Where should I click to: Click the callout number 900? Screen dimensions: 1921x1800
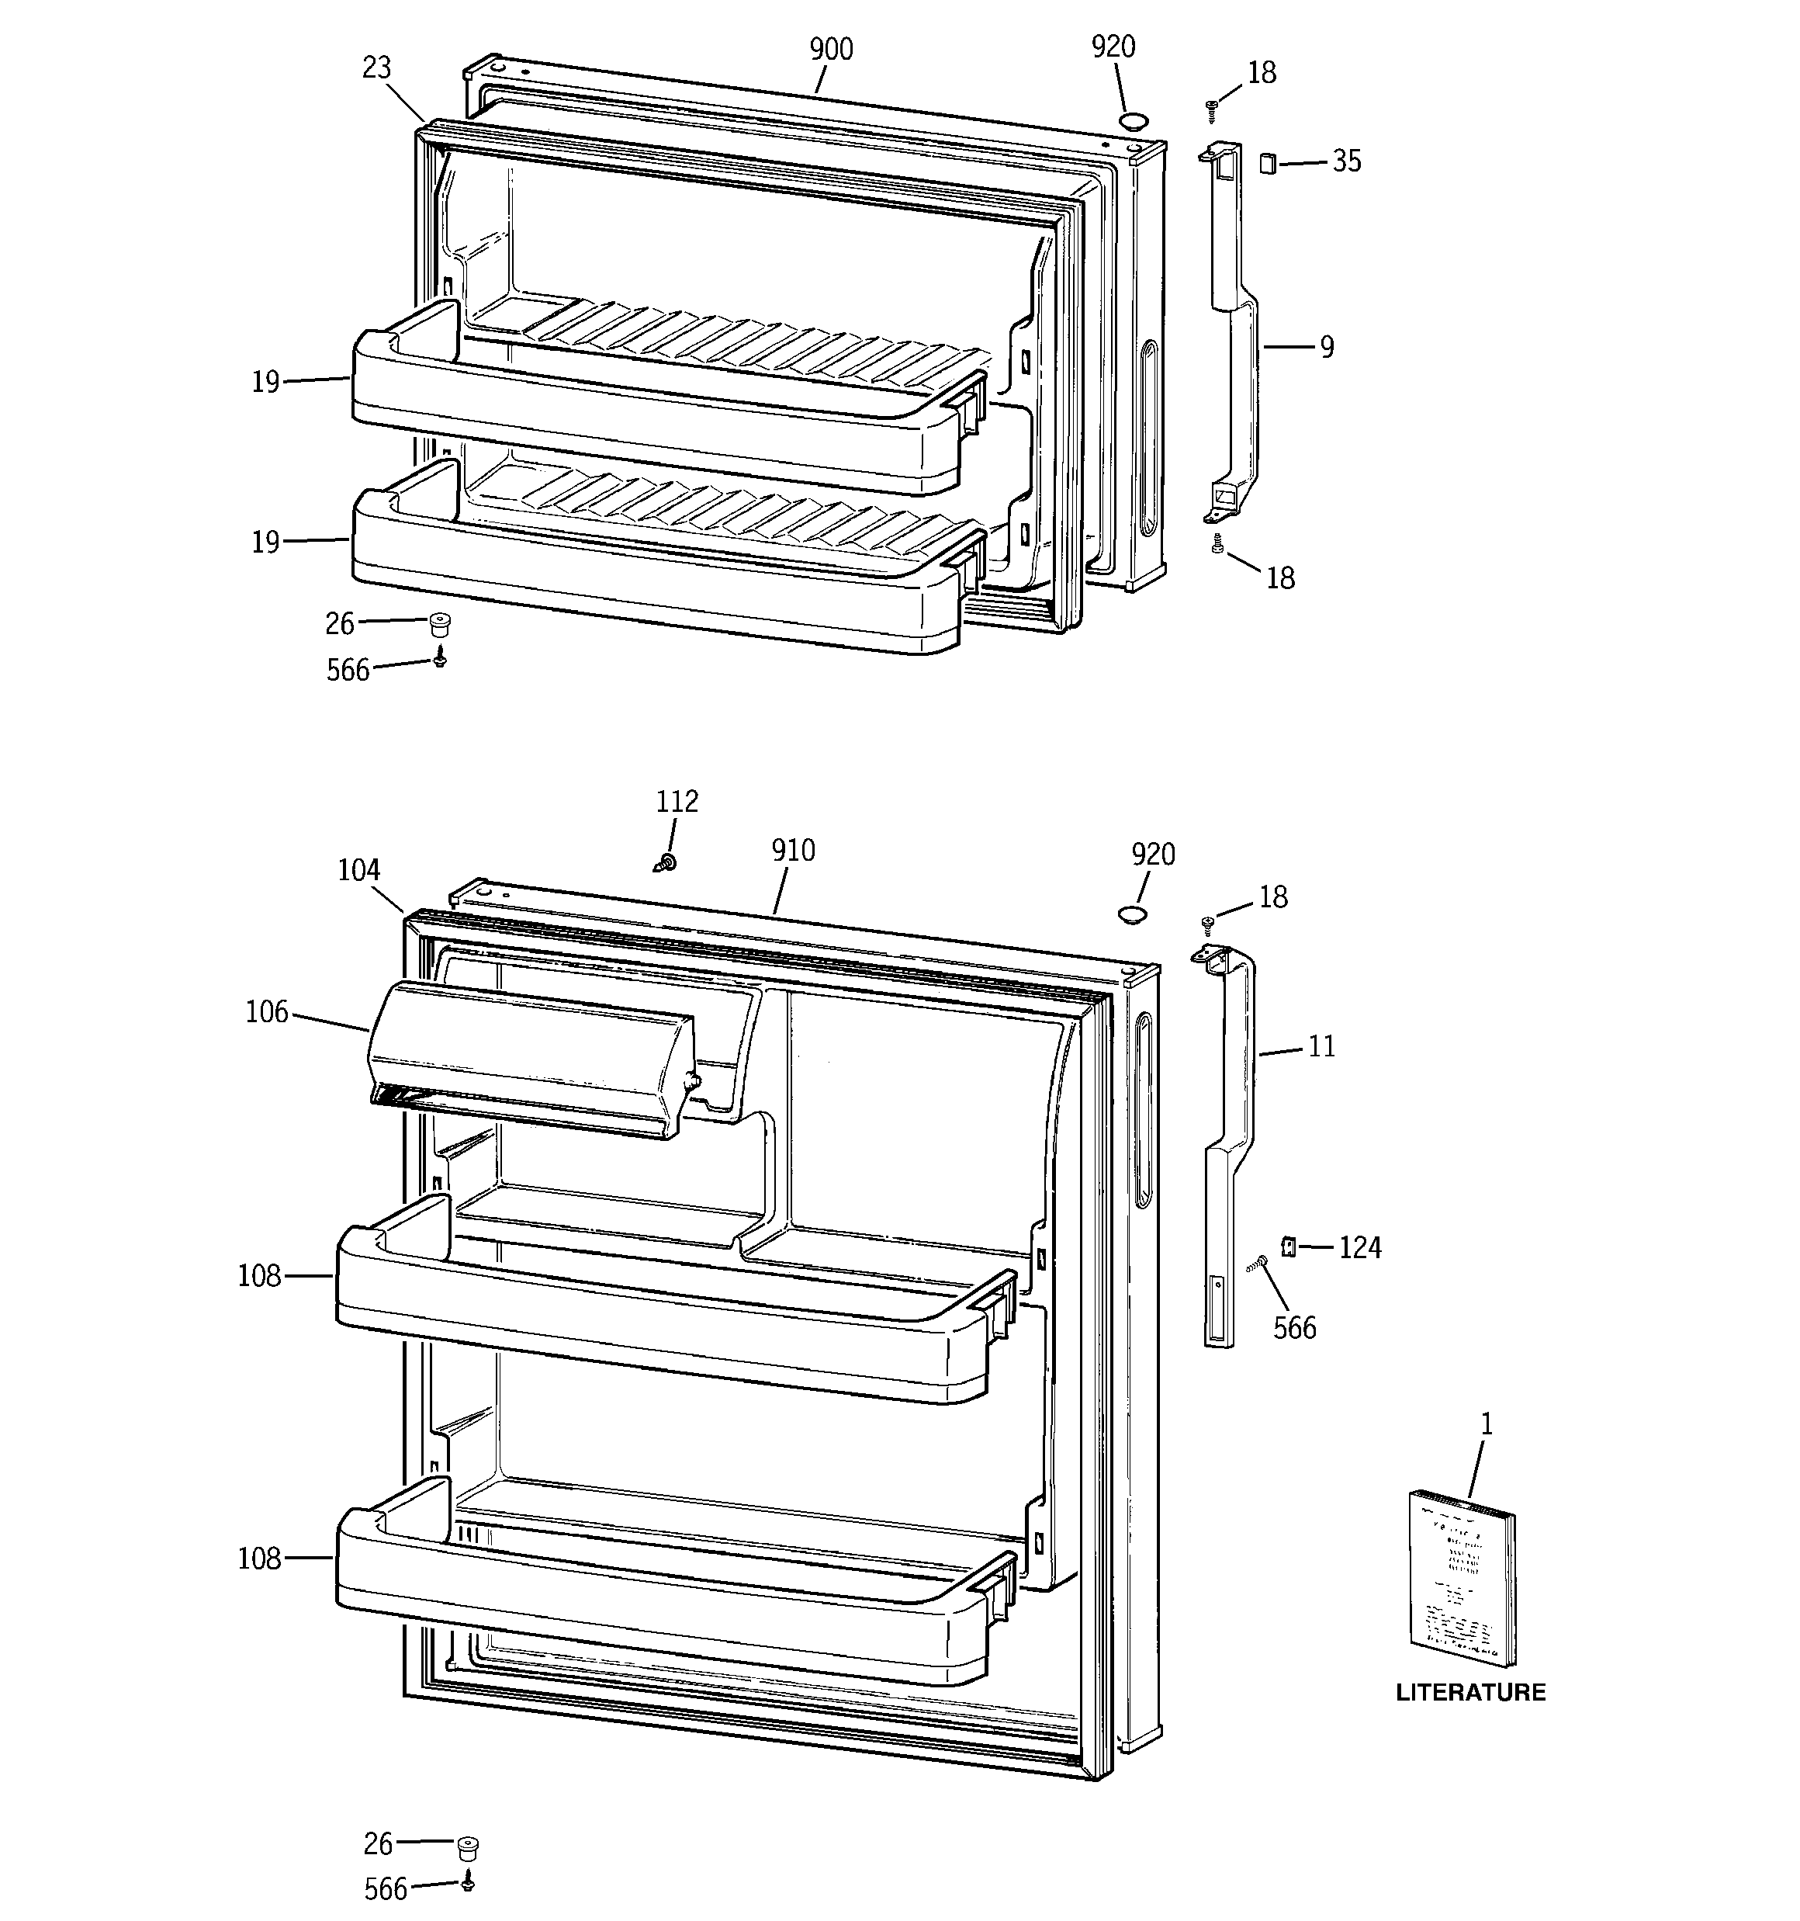(x=830, y=49)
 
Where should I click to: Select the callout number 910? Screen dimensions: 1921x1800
(x=792, y=851)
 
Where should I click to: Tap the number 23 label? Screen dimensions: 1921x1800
(x=377, y=68)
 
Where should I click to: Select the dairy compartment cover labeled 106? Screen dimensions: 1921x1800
(x=531, y=1058)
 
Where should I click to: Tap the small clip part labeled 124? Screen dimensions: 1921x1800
(x=1287, y=1246)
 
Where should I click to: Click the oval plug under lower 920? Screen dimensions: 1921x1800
(x=1131, y=913)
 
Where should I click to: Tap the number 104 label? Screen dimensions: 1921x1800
(x=358, y=871)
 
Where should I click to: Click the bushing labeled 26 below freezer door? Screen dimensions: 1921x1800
(x=441, y=623)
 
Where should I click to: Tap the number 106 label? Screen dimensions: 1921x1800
(x=267, y=1013)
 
